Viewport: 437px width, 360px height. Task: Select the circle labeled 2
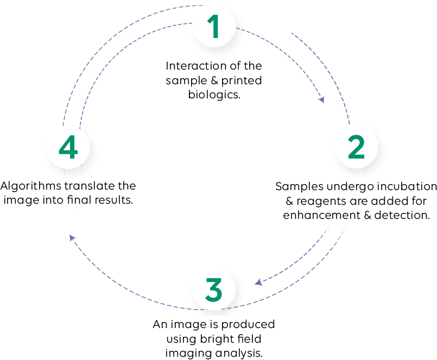pos(358,149)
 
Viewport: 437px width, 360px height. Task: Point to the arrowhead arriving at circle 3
pos(258,282)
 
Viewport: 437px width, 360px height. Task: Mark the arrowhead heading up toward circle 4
pos(72,237)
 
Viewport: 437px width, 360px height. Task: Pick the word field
pos(249,339)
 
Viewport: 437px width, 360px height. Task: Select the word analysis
pos(236,353)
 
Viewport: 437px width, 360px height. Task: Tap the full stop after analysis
pos(262,356)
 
